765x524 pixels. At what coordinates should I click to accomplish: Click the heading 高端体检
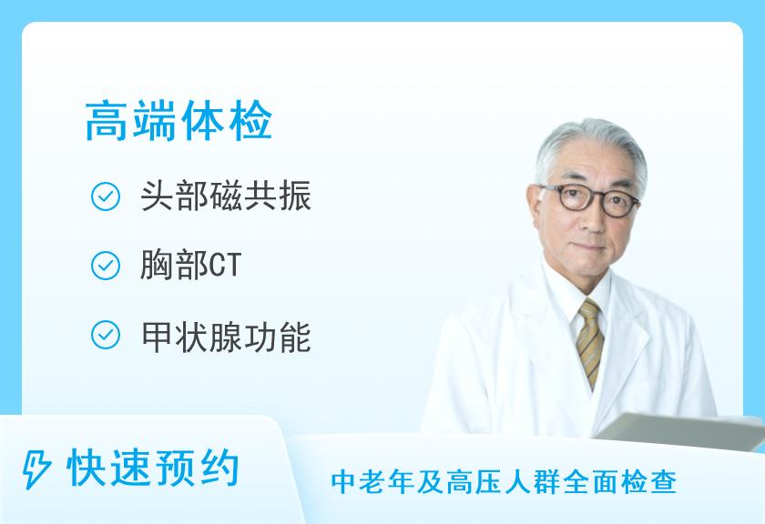pyautogui.click(x=178, y=120)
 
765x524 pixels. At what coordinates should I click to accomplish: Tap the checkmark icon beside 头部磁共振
pyautogui.click(x=106, y=196)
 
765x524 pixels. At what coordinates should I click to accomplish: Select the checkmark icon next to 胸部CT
pyautogui.click(x=106, y=266)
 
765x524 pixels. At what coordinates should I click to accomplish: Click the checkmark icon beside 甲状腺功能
pyautogui.click(x=106, y=335)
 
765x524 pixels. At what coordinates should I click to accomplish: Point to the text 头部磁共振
pyautogui.click(x=226, y=196)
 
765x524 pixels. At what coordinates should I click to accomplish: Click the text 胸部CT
pyautogui.click(x=190, y=265)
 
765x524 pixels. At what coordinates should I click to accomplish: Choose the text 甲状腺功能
pyautogui.click(x=226, y=337)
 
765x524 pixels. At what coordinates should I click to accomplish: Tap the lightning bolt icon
pyautogui.click(x=36, y=469)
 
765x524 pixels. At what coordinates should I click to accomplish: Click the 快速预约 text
pyautogui.click(x=153, y=469)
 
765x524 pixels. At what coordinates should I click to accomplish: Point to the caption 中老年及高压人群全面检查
pyautogui.click(x=504, y=482)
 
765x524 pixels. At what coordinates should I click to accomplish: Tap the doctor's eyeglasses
pyautogui.click(x=589, y=199)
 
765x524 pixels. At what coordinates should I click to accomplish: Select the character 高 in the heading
pyautogui.click(x=107, y=121)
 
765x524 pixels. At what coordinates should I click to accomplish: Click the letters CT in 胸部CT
pyautogui.click(x=225, y=266)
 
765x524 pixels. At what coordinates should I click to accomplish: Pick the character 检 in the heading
pyautogui.click(x=250, y=121)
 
